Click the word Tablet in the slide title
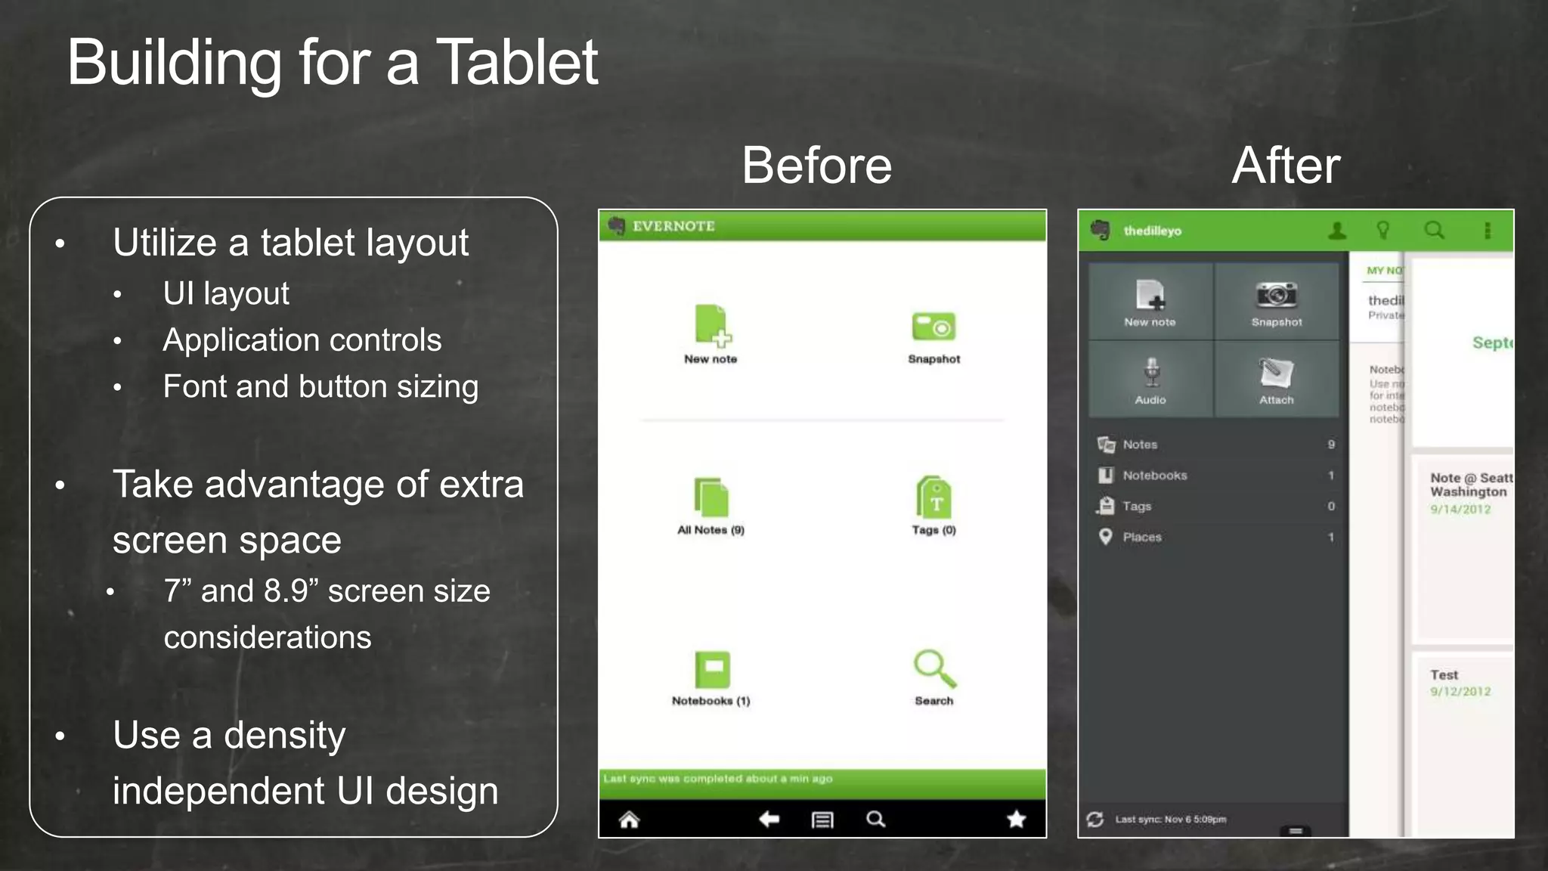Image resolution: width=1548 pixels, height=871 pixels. pyautogui.click(x=517, y=62)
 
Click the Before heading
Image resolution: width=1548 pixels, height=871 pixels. pyautogui.click(x=816, y=166)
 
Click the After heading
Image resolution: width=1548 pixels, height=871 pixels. pyautogui.click(x=1286, y=166)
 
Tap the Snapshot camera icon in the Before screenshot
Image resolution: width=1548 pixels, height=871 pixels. pyautogui.click(x=933, y=327)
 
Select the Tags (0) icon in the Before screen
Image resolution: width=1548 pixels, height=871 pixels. pyautogui.click(x=934, y=497)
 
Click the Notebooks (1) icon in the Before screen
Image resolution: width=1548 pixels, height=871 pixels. pyautogui.click(x=712, y=669)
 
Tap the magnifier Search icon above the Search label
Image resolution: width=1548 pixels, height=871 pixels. pyautogui.click(x=934, y=668)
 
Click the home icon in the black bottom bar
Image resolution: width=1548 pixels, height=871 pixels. pyautogui.click(x=629, y=820)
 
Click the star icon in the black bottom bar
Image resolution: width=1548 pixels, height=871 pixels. pyautogui.click(x=1017, y=819)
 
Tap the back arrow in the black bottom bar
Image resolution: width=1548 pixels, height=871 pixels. pyautogui.click(x=769, y=819)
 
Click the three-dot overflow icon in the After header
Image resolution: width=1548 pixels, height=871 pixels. pyautogui.click(x=1487, y=231)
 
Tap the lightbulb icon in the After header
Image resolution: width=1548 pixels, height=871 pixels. pyautogui.click(x=1382, y=230)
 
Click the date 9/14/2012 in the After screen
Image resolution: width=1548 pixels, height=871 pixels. pyautogui.click(x=1460, y=510)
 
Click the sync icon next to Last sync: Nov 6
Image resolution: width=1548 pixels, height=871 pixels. pyautogui.click(x=1094, y=819)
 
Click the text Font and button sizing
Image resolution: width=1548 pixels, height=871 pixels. pyautogui.click(x=320, y=386)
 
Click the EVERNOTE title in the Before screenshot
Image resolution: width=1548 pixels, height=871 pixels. pyautogui.click(x=673, y=226)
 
